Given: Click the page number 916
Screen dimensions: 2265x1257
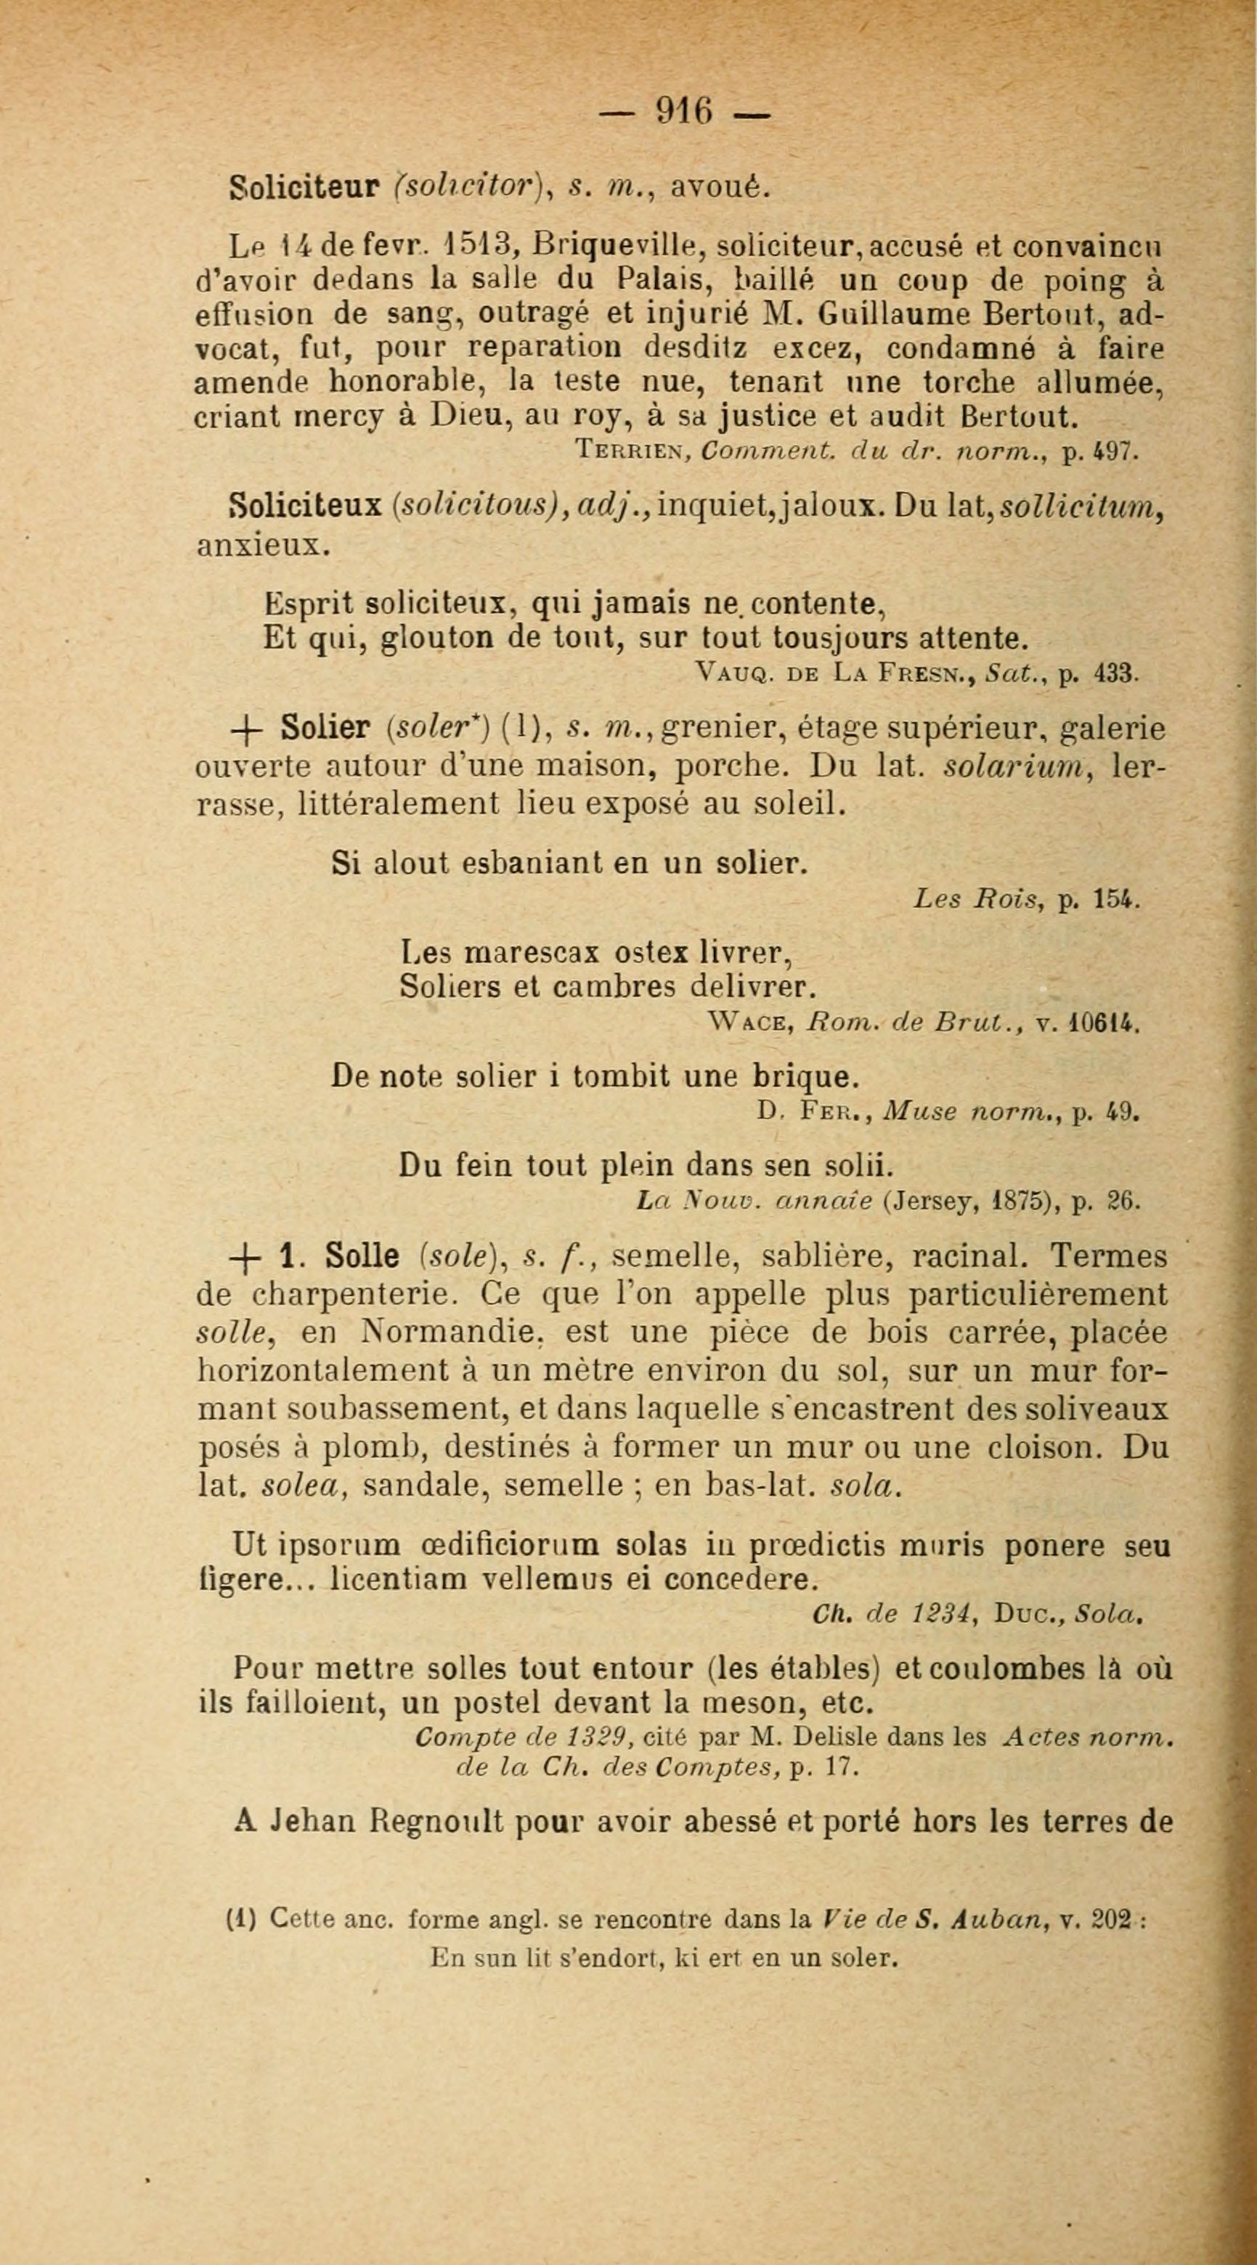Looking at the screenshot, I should coord(684,112).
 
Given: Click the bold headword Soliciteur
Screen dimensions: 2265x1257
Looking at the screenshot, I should coord(304,187).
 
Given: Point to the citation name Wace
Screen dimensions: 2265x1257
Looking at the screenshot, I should coord(752,1022).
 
